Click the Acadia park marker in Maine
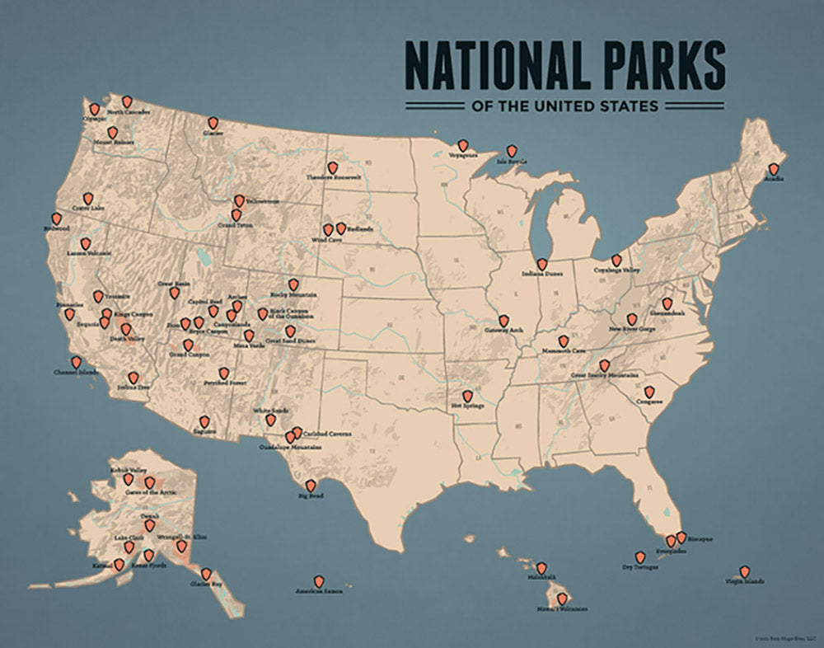click(773, 169)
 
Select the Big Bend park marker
click(311, 486)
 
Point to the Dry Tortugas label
click(640, 567)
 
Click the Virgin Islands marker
click(744, 571)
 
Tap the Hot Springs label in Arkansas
click(468, 406)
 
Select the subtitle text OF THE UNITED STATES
click(564, 106)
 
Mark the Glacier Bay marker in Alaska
click(206, 574)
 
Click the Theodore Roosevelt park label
click(334, 177)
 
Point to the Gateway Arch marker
click(503, 321)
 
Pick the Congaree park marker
click(649, 392)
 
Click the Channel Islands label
click(75, 373)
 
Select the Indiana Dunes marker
click(541, 264)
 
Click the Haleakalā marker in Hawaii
click(541, 568)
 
